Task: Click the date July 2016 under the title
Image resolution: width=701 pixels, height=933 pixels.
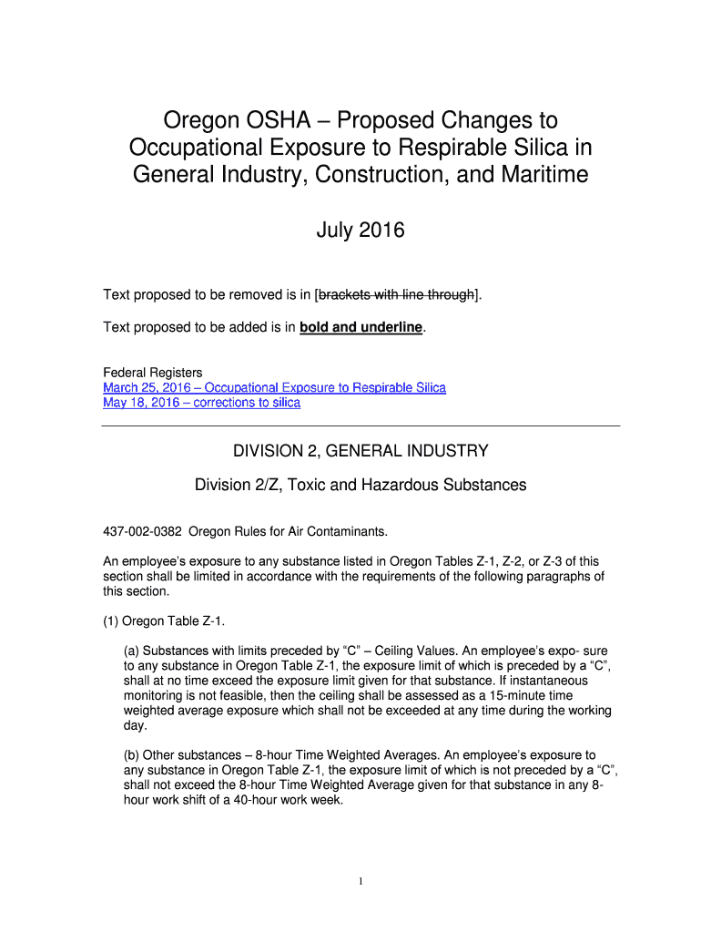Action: click(x=360, y=231)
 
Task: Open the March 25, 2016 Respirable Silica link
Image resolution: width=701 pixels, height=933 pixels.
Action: click(x=274, y=388)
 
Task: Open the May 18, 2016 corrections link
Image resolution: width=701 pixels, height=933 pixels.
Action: click(x=201, y=403)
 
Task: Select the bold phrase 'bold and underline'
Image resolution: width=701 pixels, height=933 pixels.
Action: click(x=361, y=328)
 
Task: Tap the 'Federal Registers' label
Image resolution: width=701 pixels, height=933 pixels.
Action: click(x=152, y=373)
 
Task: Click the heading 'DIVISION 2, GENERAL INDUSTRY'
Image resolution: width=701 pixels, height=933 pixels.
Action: click(x=361, y=451)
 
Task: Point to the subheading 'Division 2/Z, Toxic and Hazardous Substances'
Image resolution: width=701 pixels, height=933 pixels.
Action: click(x=361, y=485)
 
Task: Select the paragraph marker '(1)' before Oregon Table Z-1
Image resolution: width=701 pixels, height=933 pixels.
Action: click(x=112, y=620)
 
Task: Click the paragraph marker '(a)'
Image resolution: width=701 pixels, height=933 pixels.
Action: click(x=132, y=651)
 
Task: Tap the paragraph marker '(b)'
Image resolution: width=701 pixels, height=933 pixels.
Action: click(x=132, y=755)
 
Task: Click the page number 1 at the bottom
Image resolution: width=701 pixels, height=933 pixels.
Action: click(x=361, y=881)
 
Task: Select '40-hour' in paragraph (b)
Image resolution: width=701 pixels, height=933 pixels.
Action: click(x=259, y=800)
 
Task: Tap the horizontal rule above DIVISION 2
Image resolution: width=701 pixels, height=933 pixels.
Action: click(x=361, y=425)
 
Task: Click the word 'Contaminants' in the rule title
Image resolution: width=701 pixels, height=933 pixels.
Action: click(x=350, y=531)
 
